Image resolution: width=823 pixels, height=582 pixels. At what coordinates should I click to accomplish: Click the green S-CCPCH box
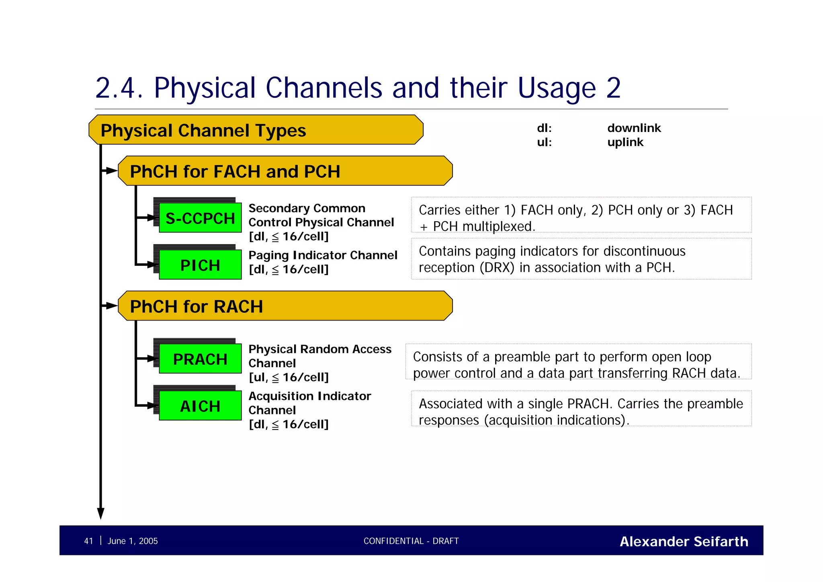point(200,218)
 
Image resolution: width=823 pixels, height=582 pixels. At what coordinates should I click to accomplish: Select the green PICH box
point(200,265)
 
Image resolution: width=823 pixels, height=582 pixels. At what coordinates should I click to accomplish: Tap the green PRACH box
point(200,359)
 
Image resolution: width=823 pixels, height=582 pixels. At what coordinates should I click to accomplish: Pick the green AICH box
point(200,406)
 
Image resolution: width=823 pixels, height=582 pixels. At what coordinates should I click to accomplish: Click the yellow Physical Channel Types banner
point(256,130)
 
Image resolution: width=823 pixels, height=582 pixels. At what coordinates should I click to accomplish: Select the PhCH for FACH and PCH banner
point(285,171)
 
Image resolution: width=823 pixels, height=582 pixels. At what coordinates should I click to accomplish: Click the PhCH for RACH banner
point(285,306)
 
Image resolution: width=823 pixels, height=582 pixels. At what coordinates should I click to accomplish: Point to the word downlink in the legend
point(634,128)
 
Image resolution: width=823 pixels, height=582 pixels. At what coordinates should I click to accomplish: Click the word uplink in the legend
point(625,142)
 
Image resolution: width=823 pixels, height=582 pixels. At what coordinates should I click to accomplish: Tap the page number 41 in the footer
point(88,541)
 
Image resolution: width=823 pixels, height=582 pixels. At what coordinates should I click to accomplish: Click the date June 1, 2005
point(133,541)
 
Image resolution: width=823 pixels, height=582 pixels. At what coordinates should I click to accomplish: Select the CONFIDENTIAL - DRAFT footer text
point(411,541)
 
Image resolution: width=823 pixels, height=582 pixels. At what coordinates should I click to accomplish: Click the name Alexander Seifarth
point(684,541)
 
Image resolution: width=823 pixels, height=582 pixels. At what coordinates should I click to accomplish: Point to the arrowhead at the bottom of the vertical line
point(101,514)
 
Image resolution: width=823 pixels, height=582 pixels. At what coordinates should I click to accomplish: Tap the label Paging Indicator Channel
point(323,255)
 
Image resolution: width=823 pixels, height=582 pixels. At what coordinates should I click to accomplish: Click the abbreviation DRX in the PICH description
point(497,267)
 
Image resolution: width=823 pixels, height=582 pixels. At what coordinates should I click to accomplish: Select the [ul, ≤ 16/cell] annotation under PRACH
point(289,377)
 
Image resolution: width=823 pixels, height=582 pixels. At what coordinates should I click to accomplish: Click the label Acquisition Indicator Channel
point(309,403)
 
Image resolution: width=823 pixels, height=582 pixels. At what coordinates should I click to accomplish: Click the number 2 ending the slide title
point(613,88)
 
